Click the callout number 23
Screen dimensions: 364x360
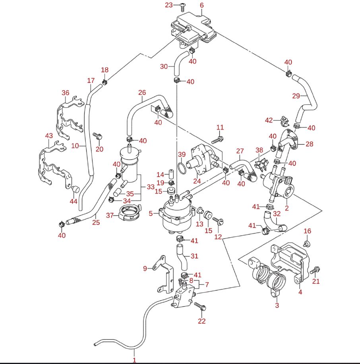point(169,5)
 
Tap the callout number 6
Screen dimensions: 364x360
point(201,5)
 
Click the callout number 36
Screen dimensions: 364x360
point(66,93)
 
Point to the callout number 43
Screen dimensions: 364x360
point(49,136)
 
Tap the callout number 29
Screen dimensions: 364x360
point(296,96)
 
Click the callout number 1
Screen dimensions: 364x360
point(134,360)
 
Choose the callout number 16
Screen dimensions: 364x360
point(308,231)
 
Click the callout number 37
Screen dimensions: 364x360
point(110,215)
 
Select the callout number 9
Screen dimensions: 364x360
point(145,268)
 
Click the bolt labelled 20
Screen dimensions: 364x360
point(98,136)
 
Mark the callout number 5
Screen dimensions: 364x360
point(151,213)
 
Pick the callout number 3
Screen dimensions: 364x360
point(277,305)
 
